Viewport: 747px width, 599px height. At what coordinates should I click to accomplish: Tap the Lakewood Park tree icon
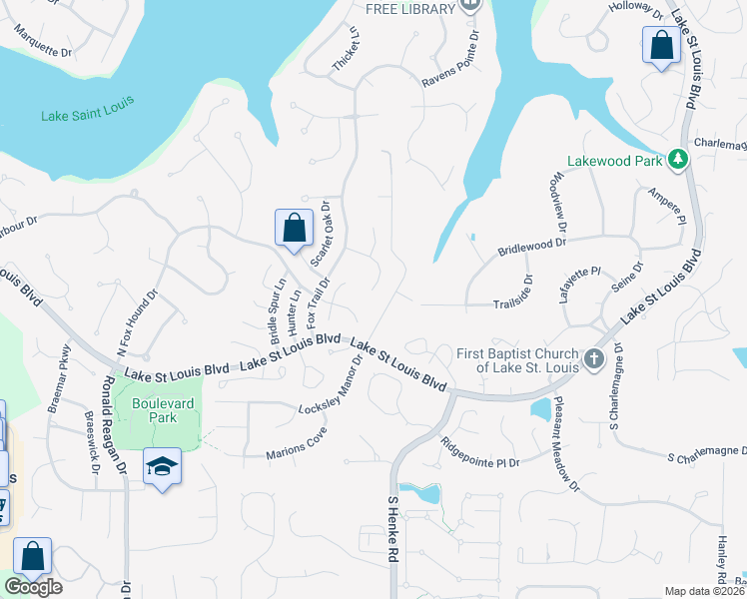(678, 160)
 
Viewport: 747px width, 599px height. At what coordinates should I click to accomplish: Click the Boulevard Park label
(153, 410)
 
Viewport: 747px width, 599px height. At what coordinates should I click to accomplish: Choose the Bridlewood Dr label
(532, 245)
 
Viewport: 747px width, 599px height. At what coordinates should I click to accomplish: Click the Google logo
(33, 587)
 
